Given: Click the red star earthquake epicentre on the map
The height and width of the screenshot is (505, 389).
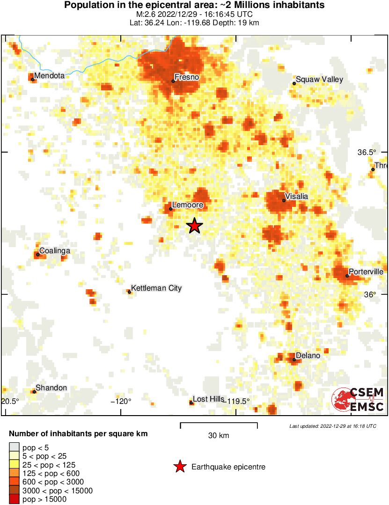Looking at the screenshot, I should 195,226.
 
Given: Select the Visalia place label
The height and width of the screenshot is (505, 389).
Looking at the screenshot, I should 296,197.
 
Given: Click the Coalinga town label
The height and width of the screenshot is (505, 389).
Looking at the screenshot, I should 55,251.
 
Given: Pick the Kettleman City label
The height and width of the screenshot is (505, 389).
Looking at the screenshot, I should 156,288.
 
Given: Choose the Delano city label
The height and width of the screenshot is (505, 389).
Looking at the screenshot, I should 308,356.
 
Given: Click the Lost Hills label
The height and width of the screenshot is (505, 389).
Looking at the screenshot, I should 209,399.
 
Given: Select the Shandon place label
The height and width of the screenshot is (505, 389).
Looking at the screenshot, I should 51,388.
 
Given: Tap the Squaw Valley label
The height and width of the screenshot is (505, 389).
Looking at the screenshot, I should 319,80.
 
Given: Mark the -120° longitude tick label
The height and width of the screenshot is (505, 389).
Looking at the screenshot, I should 121,401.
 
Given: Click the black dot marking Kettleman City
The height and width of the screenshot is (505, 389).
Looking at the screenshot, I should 130,292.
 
